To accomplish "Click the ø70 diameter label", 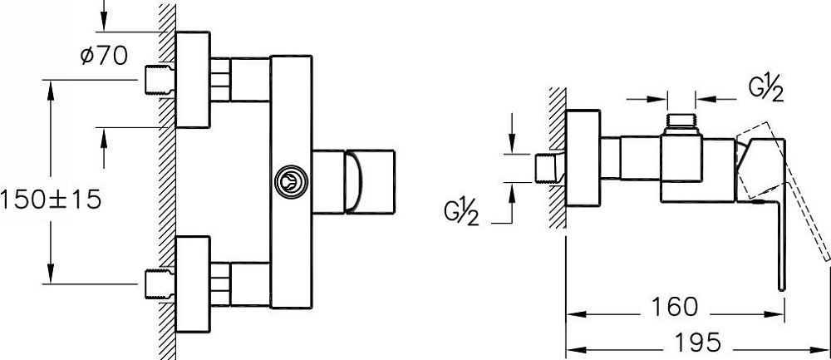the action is tap(104, 55).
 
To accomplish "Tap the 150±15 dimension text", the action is tap(51, 200).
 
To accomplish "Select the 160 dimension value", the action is tap(675, 307).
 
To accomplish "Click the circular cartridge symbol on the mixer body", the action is tap(291, 182).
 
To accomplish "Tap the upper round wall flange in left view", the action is tap(193, 80).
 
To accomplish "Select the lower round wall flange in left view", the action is tap(193, 284).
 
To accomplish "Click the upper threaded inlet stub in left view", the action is tap(160, 80).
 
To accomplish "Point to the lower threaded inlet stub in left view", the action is tap(160, 284).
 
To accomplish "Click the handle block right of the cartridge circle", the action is tap(353, 182).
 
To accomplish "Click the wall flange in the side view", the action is tap(583, 158).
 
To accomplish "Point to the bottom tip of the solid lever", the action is tap(780, 290).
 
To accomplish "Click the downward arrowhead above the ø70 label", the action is tap(103, 23).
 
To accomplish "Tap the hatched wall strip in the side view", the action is tap(557, 158).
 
